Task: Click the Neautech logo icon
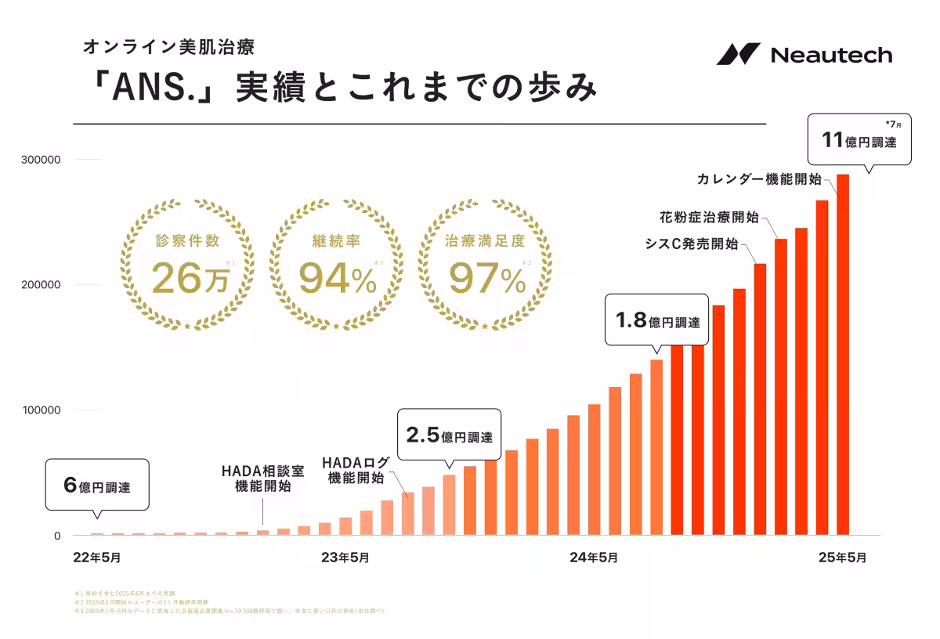[738, 54]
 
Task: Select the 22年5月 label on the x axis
[97, 558]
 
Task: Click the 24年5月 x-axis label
[593, 558]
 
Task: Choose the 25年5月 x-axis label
[842, 558]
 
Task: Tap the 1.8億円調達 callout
[657, 320]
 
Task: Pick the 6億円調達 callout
[97, 486]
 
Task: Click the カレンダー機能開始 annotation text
[758, 179]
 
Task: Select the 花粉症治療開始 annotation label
[708, 217]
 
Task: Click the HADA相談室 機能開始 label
[262, 478]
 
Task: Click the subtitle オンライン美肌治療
[168, 46]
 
